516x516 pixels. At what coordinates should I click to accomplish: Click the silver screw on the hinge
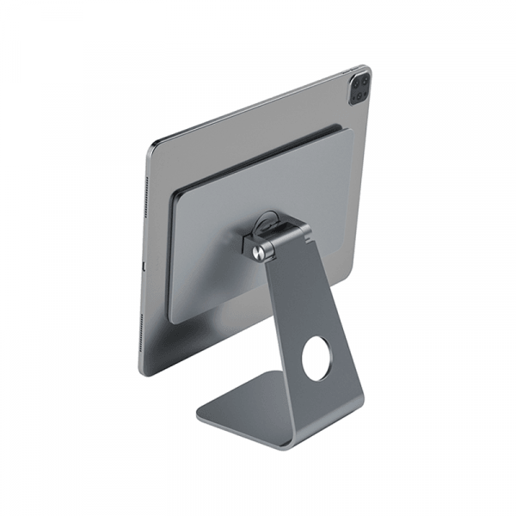(x=261, y=252)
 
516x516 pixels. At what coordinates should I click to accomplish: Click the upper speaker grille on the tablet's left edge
(x=147, y=197)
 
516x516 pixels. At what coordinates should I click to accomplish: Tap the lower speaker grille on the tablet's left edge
(x=141, y=335)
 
